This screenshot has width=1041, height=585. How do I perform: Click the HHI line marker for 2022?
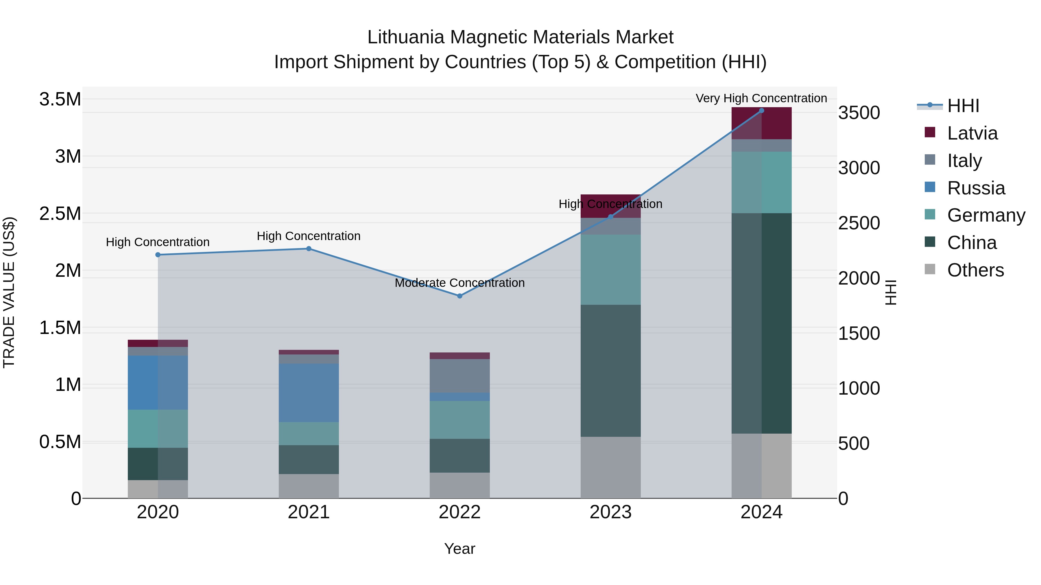point(459,296)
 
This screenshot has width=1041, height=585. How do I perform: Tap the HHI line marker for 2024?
point(761,110)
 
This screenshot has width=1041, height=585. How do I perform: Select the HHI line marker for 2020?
point(158,255)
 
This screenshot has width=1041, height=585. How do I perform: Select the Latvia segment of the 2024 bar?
point(761,123)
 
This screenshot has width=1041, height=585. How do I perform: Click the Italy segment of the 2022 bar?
point(459,376)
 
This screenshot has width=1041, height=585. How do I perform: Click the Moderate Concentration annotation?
point(459,283)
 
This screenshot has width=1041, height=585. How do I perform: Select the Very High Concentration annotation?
point(761,98)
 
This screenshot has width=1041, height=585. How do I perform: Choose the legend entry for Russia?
point(976,188)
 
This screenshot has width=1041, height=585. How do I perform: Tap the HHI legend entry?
point(963,106)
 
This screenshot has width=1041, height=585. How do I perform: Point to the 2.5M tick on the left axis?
point(60,213)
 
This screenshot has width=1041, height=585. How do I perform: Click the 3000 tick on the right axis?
point(859,168)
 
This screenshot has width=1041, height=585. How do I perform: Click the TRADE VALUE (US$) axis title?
point(9,292)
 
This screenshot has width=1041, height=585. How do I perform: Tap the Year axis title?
point(459,549)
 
